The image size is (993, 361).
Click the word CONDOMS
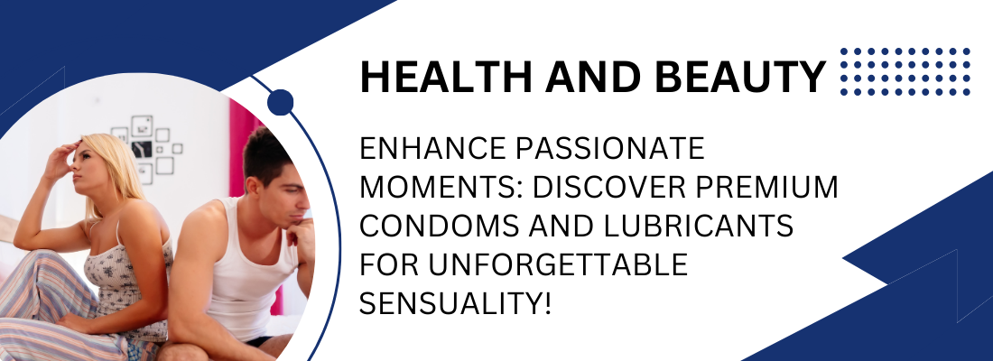click(428, 227)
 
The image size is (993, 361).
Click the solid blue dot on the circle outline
click(281, 102)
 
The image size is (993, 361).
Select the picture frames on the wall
click(149, 144)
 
